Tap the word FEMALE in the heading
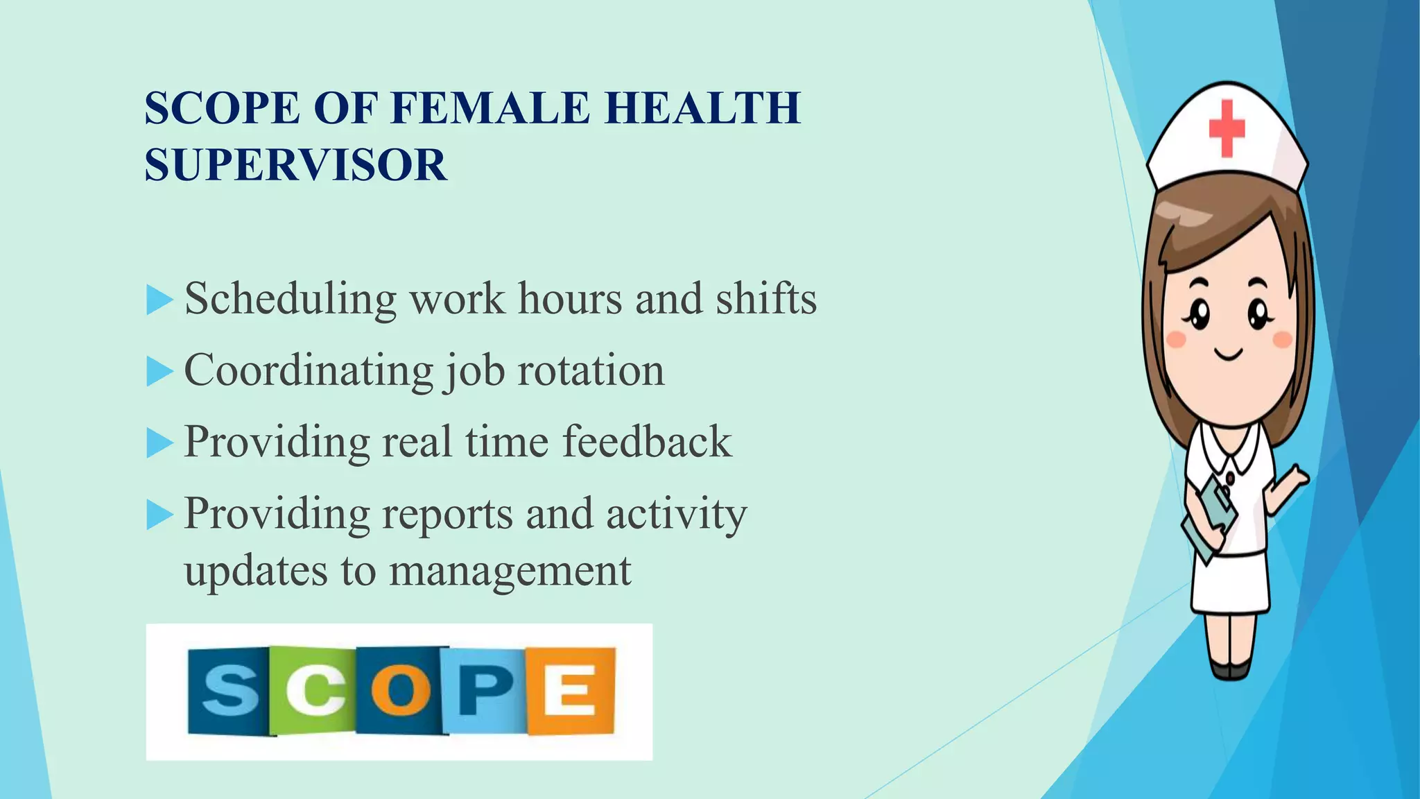(490, 108)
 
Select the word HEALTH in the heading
(702, 108)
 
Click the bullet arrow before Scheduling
(159, 301)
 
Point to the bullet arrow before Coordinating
(159, 372)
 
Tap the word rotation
(591, 370)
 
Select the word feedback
(646, 442)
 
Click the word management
(510, 572)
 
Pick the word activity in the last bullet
(676, 515)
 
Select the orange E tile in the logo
(571, 690)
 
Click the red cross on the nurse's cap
(1227, 128)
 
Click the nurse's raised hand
(1294, 479)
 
